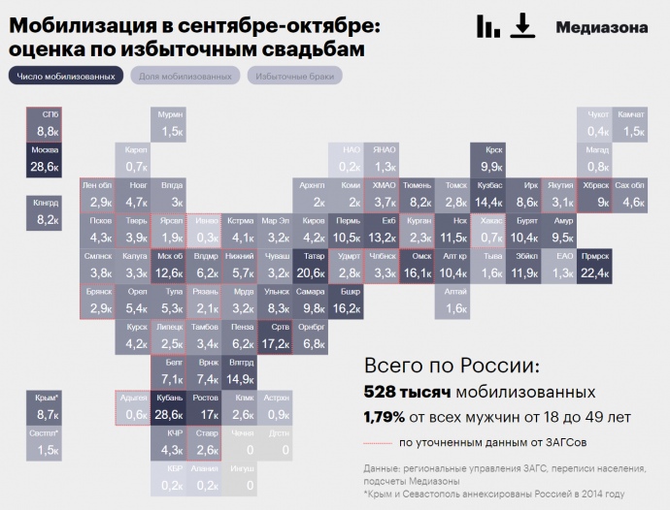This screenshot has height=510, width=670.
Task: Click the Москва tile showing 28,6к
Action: pos(45,159)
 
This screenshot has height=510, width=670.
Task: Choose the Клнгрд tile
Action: pos(45,212)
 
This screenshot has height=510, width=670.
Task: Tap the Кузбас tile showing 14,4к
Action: pos(488,194)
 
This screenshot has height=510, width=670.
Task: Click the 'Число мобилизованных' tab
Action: pos(65,76)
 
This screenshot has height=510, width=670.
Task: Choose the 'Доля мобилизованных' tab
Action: pos(184,76)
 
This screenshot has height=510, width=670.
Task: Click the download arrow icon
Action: pos(523,26)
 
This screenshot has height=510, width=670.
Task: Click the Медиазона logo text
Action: pos(602,27)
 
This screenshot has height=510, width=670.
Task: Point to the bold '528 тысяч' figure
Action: pos(407,393)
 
